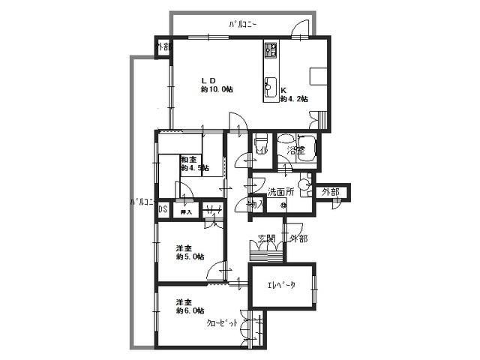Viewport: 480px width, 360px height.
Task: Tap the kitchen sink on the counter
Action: [271, 85]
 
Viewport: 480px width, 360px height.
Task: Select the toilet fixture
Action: [262, 142]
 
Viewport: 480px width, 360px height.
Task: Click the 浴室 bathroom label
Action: [297, 150]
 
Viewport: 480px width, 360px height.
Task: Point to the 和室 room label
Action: [187, 159]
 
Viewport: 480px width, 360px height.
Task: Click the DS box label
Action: [162, 209]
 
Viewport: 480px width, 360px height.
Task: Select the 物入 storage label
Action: [256, 203]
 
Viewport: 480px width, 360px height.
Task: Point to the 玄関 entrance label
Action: [267, 240]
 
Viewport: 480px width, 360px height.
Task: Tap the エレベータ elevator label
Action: [281, 285]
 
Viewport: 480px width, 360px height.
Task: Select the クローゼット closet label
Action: [223, 322]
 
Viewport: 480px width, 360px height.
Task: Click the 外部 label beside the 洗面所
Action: [330, 193]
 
